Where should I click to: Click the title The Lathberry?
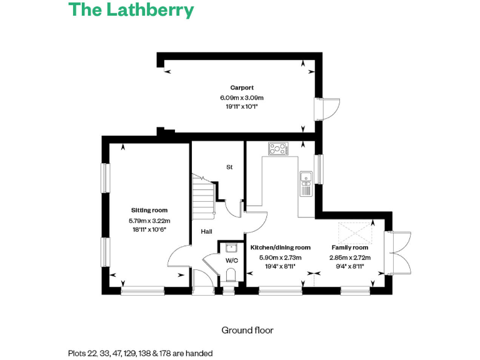(131, 11)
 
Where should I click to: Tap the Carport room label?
(241, 88)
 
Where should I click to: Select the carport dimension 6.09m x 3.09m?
(241, 97)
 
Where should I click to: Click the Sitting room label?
(149, 211)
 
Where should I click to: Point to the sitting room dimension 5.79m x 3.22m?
(149, 220)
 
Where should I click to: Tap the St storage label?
(229, 167)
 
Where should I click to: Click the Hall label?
(206, 231)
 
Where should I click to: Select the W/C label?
(232, 260)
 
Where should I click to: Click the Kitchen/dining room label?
(280, 247)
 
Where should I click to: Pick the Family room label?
(349, 247)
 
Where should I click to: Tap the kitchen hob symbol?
(279, 149)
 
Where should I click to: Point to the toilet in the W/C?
(231, 274)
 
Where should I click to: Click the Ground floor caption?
(247, 330)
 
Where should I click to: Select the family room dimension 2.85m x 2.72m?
(349, 257)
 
